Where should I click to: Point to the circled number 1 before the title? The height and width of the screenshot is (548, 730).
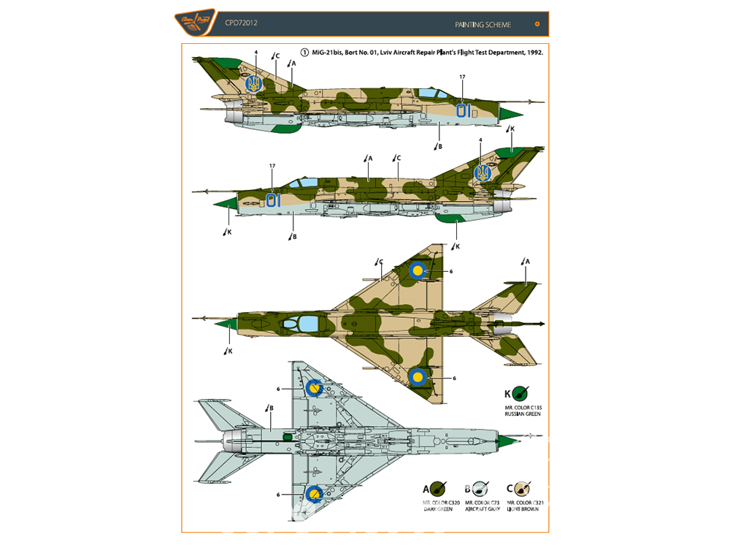point(304,53)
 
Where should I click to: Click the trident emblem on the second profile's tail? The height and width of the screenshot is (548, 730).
point(482,172)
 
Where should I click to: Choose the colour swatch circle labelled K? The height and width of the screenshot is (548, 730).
point(520,394)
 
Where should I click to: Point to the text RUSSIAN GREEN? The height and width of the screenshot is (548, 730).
point(520,414)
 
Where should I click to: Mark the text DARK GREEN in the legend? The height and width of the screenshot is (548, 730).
point(438,509)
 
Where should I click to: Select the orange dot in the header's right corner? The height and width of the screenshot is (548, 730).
point(538,23)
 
